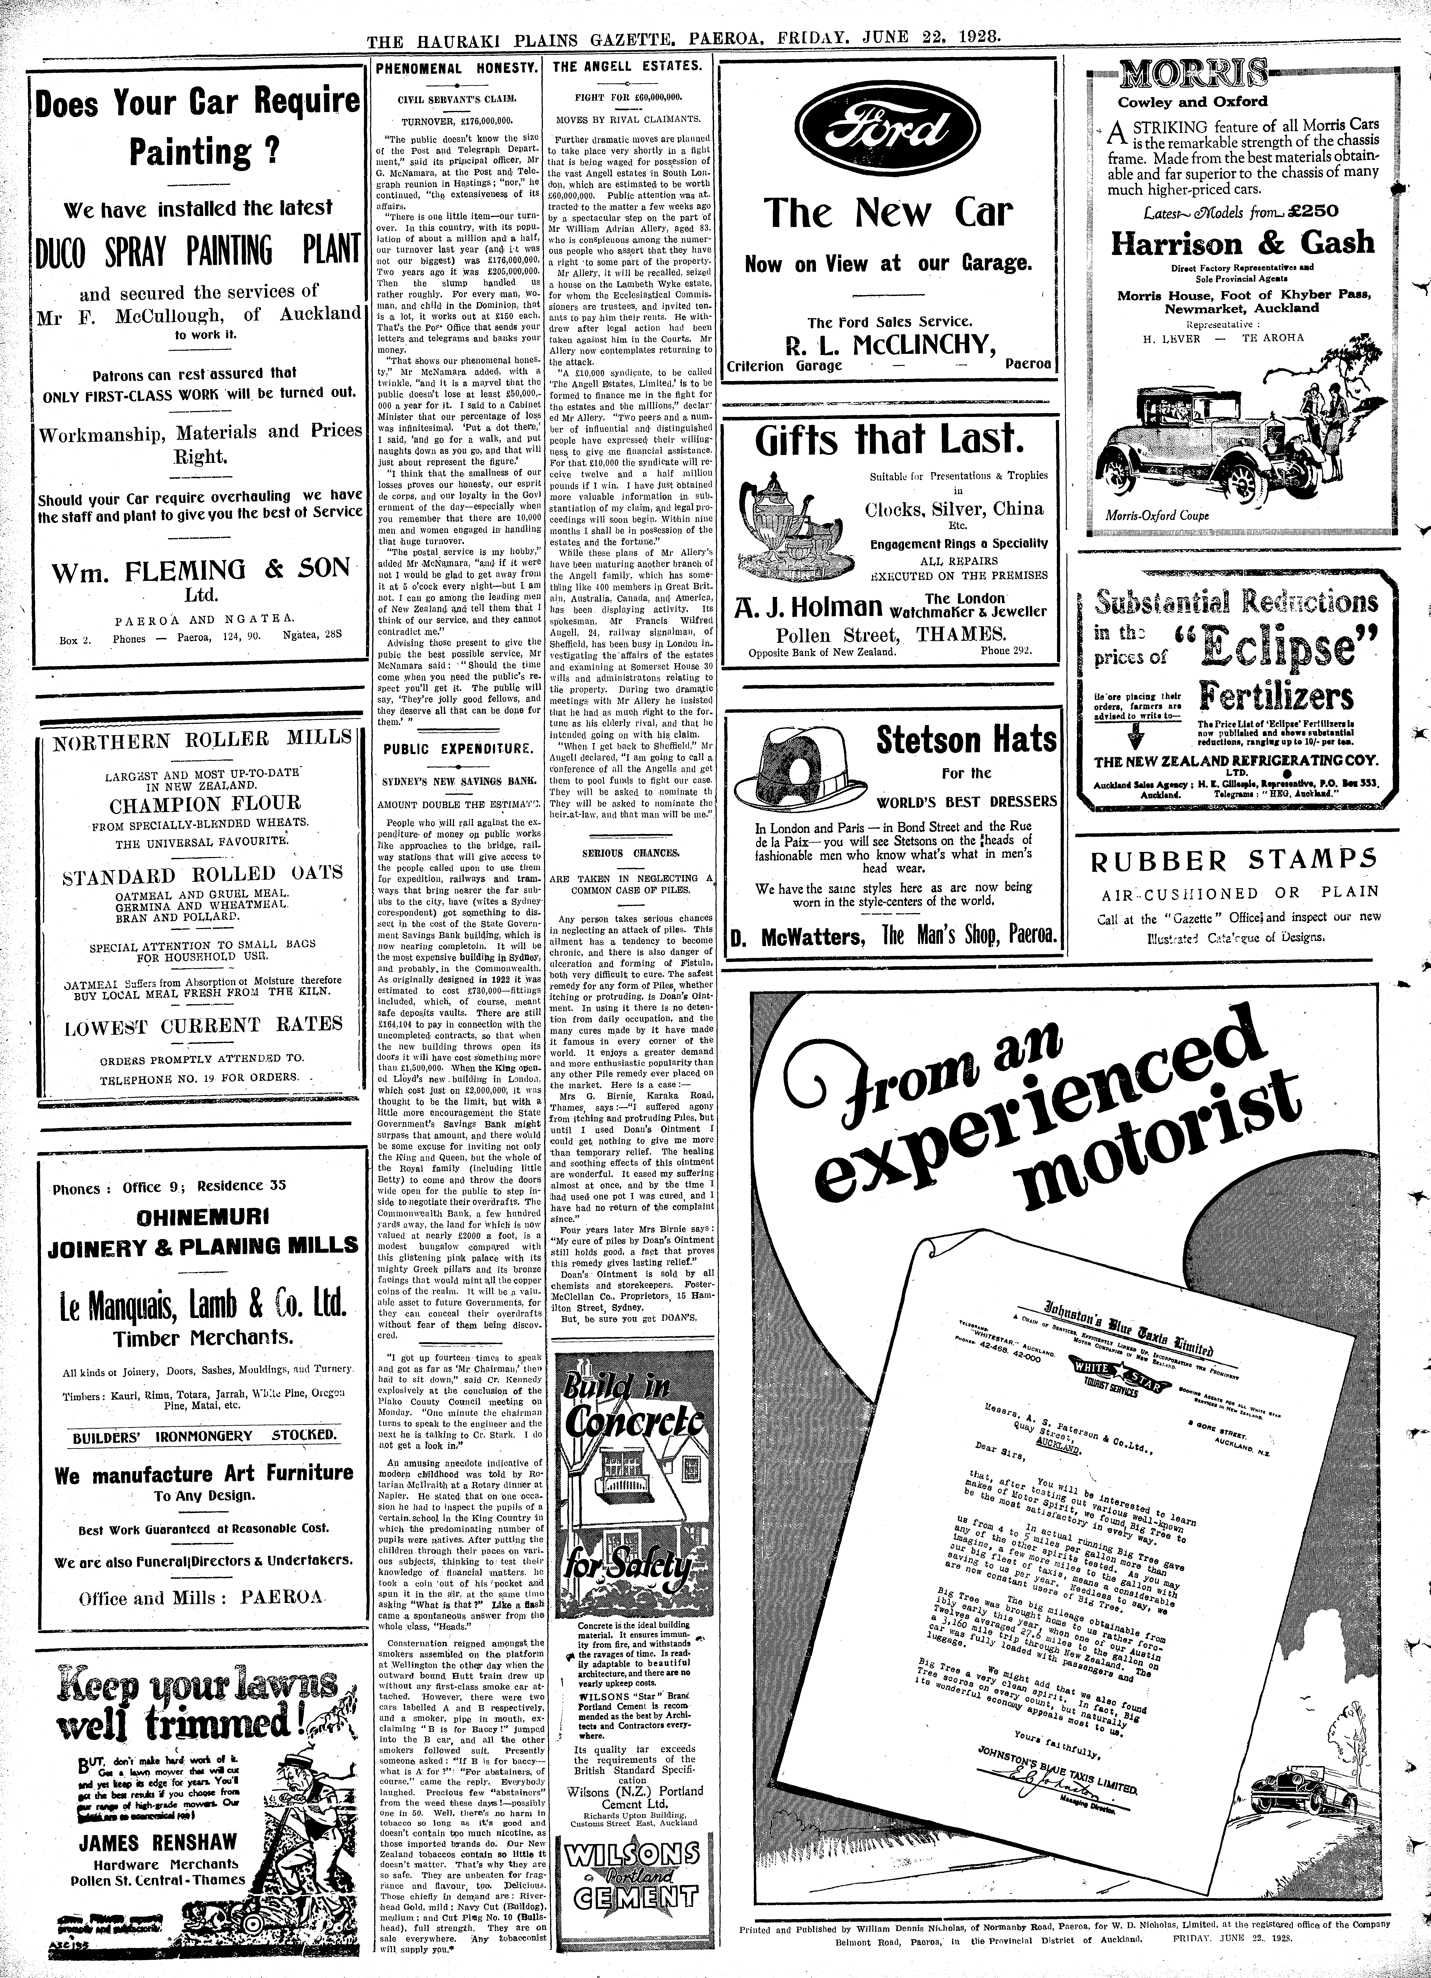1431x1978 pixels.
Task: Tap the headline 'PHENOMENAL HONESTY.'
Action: click(455, 67)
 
